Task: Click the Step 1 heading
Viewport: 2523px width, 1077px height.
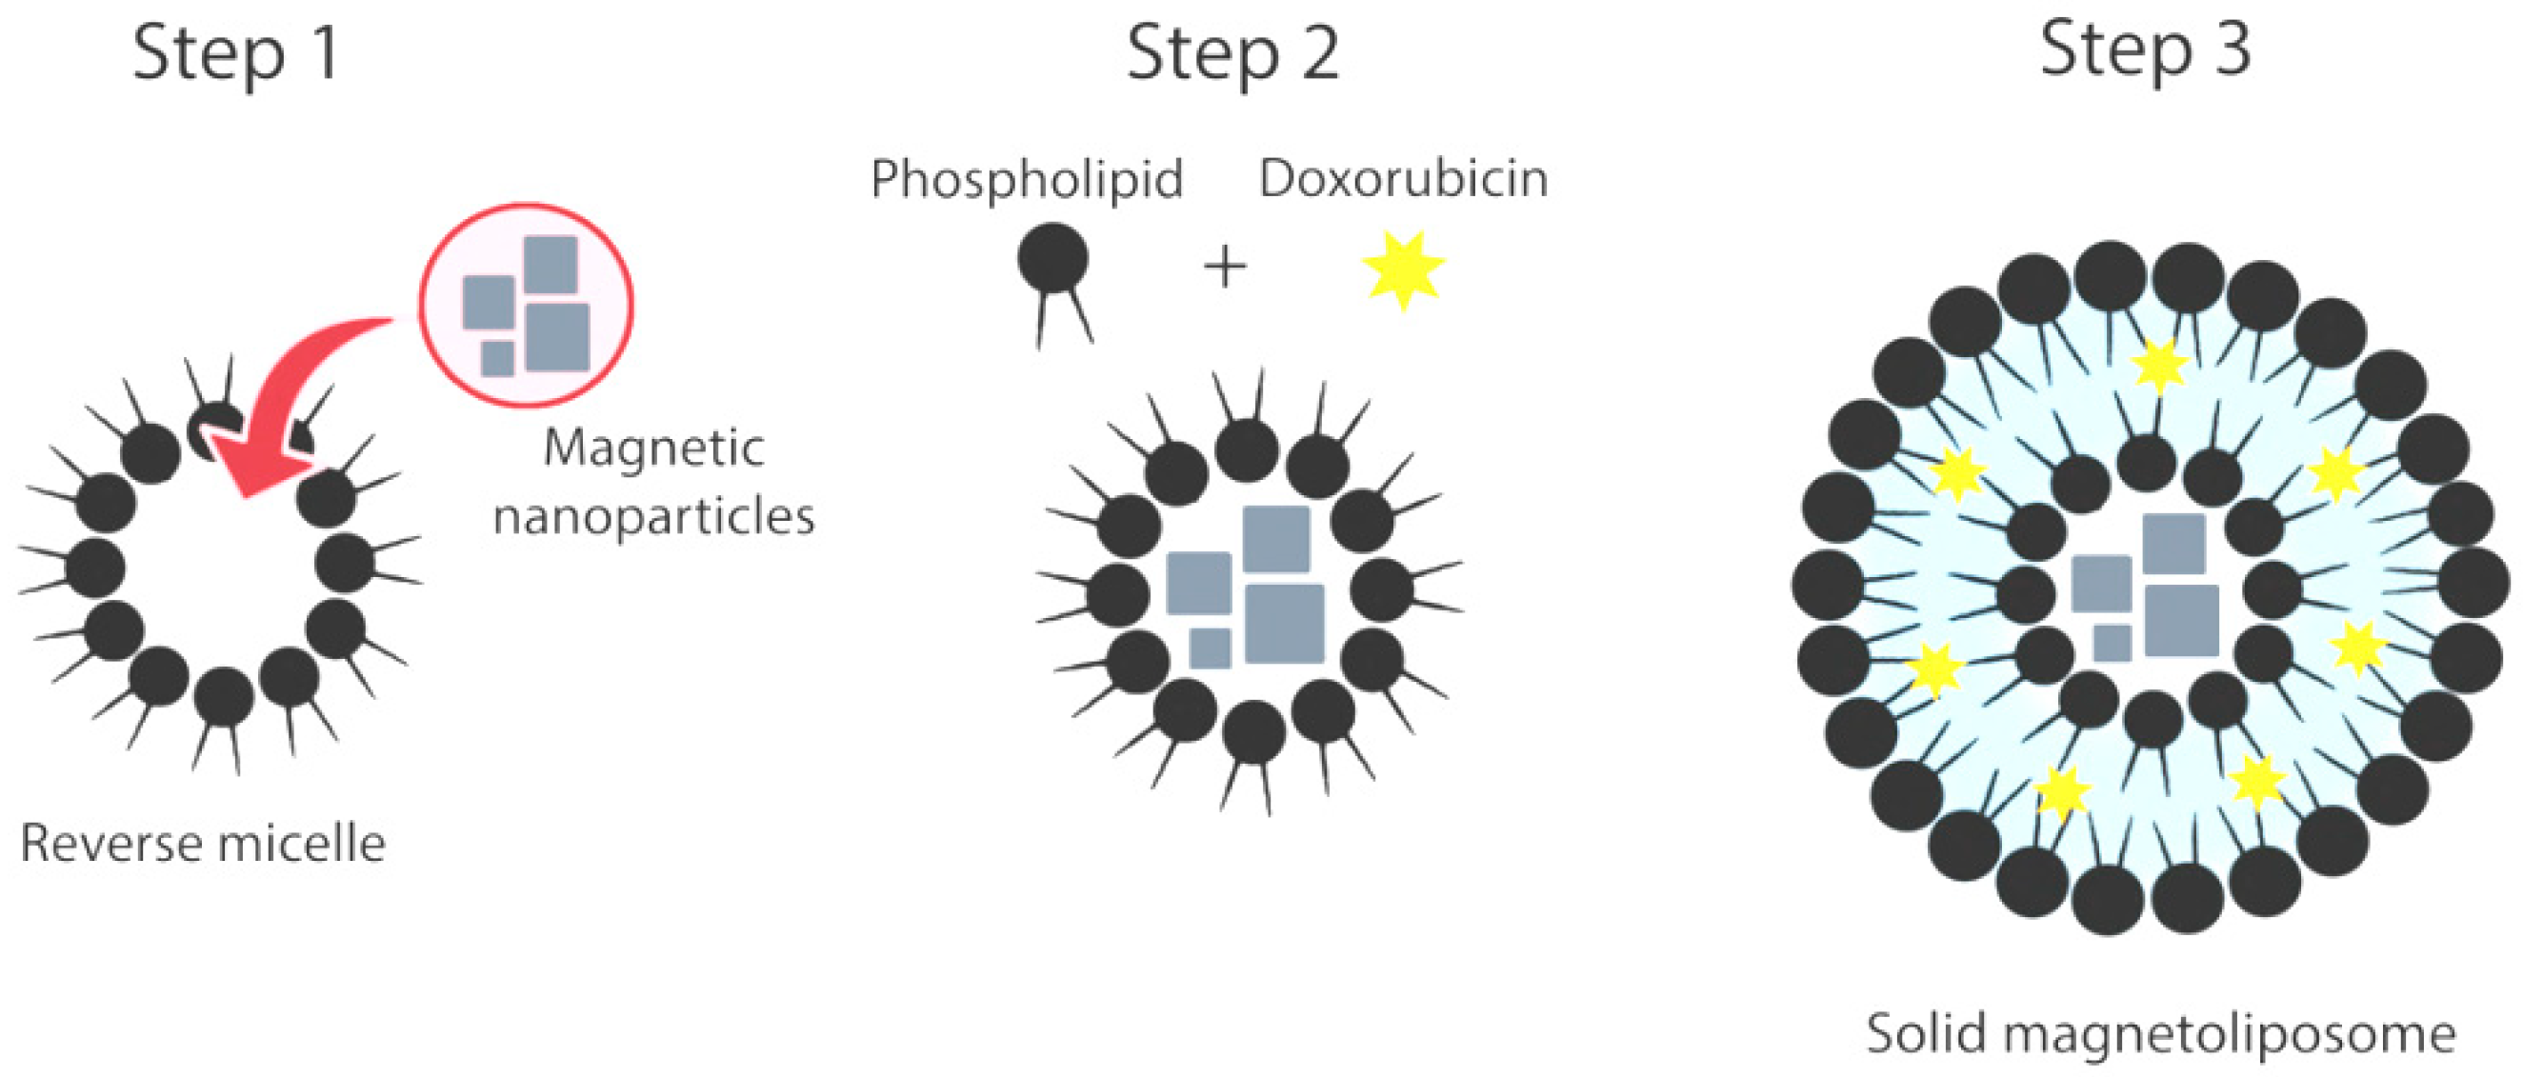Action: pyautogui.click(x=236, y=54)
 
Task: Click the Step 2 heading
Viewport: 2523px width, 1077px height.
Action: pyautogui.click(x=1232, y=54)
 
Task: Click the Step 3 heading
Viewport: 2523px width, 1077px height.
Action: pyautogui.click(x=2145, y=49)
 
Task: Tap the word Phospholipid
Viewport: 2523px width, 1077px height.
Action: pyautogui.click(x=1027, y=179)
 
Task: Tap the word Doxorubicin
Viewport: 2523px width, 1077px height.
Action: pyautogui.click(x=1403, y=179)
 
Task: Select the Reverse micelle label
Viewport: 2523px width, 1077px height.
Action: pyautogui.click(x=203, y=844)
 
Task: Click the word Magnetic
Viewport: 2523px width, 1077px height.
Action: pyautogui.click(x=653, y=449)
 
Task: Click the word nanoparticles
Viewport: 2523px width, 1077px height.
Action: pyautogui.click(x=653, y=517)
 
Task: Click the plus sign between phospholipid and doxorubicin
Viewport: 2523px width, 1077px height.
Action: pyautogui.click(x=1224, y=268)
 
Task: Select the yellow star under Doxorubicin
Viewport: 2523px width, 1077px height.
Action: pyautogui.click(x=1403, y=269)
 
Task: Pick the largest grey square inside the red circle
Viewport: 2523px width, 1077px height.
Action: pyautogui.click(x=557, y=337)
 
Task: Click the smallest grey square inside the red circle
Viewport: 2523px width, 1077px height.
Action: pyautogui.click(x=497, y=358)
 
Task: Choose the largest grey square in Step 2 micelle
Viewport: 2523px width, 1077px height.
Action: pyautogui.click(x=1284, y=624)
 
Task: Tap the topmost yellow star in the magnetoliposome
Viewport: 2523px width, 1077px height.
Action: pyautogui.click(x=2159, y=367)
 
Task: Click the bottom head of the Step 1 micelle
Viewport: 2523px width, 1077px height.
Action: pyautogui.click(x=223, y=697)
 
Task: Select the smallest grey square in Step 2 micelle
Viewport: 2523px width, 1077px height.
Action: pyautogui.click(x=1210, y=648)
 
